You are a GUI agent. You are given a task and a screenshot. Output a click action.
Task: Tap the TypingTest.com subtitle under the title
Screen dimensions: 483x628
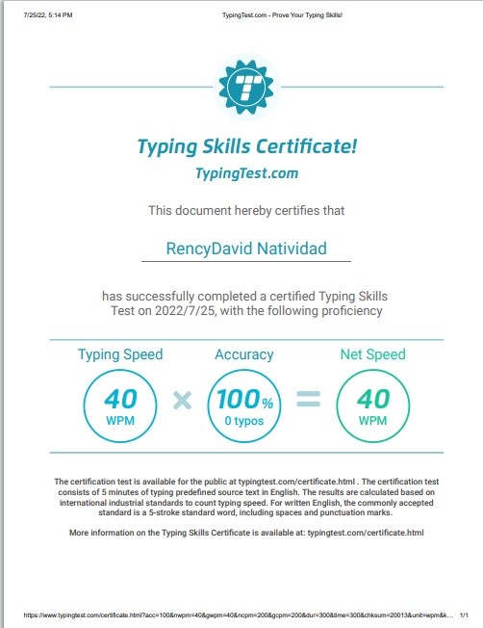pos(246,173)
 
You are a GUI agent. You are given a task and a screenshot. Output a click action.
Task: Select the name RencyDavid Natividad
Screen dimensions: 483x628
pos(246,249)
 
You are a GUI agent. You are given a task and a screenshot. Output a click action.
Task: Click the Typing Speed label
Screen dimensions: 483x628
pos(121,354)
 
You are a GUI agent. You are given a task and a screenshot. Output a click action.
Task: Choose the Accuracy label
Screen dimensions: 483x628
pos(243,354)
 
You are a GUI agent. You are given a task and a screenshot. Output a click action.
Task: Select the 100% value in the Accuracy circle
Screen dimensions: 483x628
pos(243,397)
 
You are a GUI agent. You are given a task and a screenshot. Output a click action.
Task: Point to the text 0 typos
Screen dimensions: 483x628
pos(243,421)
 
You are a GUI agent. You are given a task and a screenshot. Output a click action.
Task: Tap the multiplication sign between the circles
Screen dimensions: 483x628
pos(182,400)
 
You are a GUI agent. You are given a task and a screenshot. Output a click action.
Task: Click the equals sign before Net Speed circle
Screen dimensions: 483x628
pos(308,400)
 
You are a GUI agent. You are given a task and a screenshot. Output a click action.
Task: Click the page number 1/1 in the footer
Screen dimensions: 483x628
pos(465,614)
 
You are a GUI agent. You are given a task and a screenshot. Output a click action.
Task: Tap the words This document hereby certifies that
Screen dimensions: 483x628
pos(246,209)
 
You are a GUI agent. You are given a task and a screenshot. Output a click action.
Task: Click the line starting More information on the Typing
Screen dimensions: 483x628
pos(246,532)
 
